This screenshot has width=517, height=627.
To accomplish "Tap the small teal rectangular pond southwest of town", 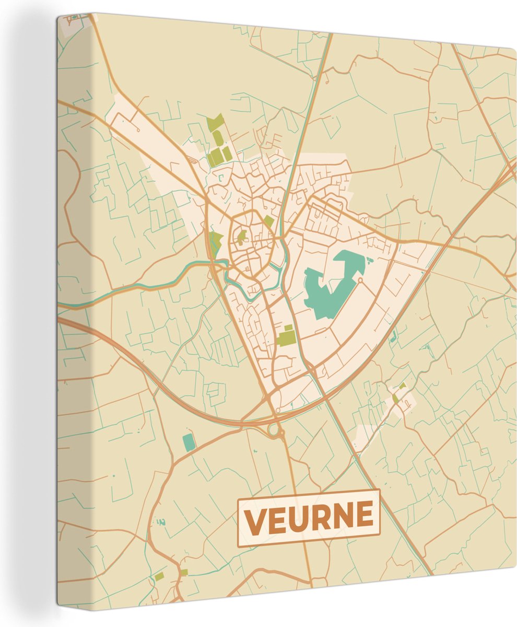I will pos(189,442).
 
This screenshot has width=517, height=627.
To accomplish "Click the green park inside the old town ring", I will pos(241,237).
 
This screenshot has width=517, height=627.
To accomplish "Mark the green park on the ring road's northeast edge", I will pos(268,221).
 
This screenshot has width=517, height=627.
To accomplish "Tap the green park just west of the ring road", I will pos(215,241).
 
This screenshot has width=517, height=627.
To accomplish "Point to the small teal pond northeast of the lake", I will pos(370,259).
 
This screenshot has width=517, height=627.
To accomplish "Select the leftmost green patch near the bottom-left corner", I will pos(159,576).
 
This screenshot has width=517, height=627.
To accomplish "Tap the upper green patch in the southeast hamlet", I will pos(402,386).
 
